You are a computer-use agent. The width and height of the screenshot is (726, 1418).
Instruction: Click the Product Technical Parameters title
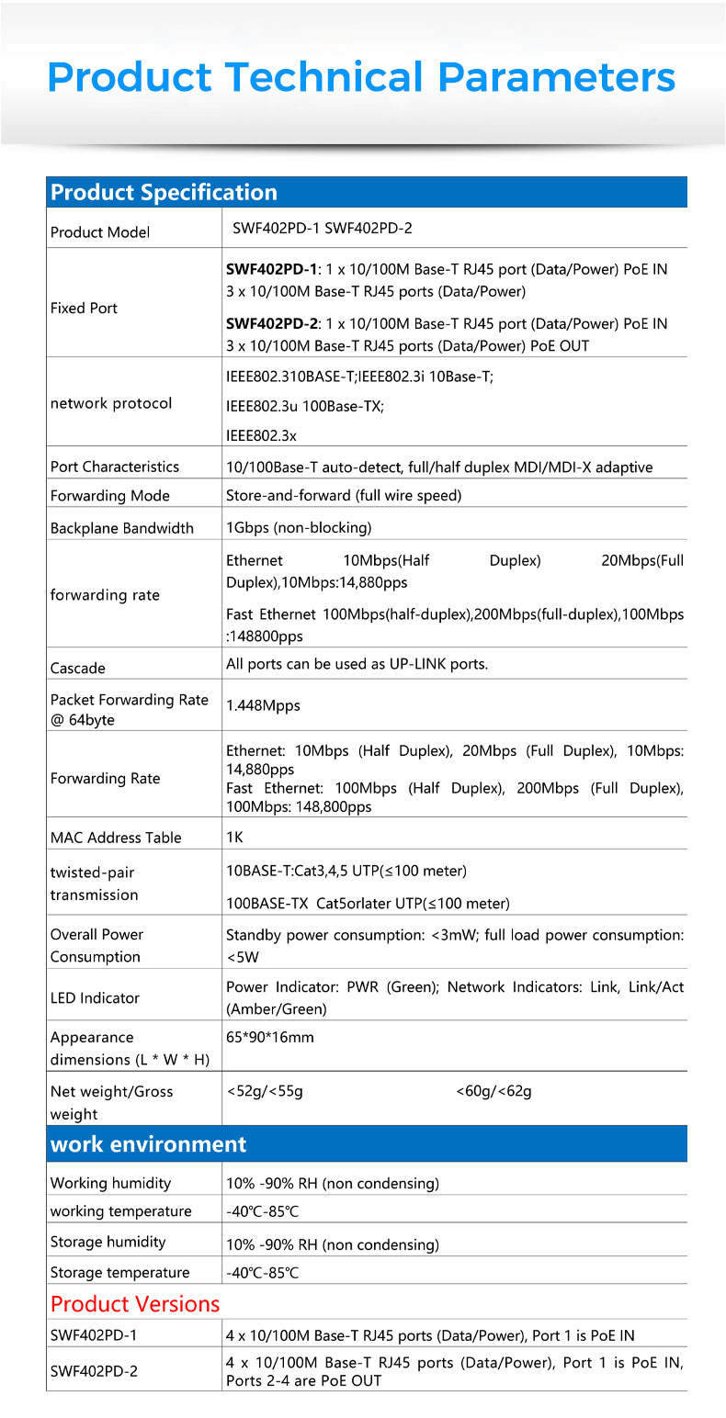[361, 77]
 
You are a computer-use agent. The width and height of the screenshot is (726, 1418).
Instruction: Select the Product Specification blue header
[164, 193]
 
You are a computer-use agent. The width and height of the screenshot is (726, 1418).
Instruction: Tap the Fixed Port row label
[84, 309]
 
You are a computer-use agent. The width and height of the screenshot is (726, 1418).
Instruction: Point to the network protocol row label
[111, 404]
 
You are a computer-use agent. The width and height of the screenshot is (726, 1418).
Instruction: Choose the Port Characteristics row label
[115, 467]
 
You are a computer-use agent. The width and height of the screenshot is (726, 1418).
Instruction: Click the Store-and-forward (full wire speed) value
[344, 496]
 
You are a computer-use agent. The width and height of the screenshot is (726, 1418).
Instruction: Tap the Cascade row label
[78, 669]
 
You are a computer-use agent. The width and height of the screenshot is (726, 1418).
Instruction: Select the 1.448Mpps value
[263, 706]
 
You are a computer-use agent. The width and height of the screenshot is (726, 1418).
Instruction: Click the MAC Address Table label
[116, 838]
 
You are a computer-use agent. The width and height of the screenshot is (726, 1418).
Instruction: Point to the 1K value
[234, 838]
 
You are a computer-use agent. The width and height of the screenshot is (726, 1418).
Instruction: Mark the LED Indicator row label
[95, 998]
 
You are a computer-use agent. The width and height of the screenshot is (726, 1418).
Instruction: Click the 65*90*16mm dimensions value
[270, 1038]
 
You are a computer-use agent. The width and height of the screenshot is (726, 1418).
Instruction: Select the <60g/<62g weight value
[493, 1092]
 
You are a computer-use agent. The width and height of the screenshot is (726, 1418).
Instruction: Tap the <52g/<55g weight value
[265, 1092]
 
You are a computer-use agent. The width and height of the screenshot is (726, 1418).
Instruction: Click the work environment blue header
[149, 1144]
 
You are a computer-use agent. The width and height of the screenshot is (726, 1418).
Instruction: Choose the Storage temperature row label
[119, 1273]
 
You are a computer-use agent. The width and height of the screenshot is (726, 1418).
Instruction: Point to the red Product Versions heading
[135, 1304]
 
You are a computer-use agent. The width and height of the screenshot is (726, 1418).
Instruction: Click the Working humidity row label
[110, 1183]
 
